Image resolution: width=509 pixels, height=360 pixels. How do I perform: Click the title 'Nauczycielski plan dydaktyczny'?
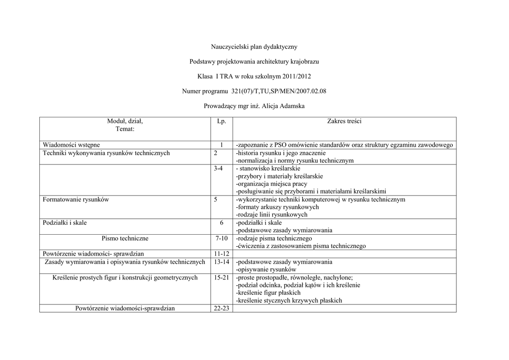254,47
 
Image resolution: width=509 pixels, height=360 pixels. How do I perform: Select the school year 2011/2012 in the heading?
297,77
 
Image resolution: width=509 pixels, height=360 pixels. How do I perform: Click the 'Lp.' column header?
222,121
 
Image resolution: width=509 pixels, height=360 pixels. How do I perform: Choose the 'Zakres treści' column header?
344,121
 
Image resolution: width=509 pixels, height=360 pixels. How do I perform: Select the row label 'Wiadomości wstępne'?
71,145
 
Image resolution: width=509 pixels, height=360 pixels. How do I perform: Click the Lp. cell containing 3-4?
218,169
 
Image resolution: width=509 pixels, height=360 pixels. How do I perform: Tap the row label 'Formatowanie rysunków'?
76,199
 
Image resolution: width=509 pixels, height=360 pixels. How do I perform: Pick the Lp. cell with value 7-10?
222,239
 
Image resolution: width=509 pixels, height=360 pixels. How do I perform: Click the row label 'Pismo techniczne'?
125,239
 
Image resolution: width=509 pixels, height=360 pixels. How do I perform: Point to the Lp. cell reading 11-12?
221,254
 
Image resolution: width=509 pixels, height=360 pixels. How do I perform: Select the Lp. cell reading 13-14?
222,262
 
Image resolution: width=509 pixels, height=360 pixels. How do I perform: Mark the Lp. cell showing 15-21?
222,277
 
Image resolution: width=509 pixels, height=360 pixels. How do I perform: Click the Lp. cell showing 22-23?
222,308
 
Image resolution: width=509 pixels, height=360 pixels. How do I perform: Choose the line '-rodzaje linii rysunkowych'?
271,215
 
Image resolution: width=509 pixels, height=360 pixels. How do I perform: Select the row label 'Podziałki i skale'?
65,223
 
